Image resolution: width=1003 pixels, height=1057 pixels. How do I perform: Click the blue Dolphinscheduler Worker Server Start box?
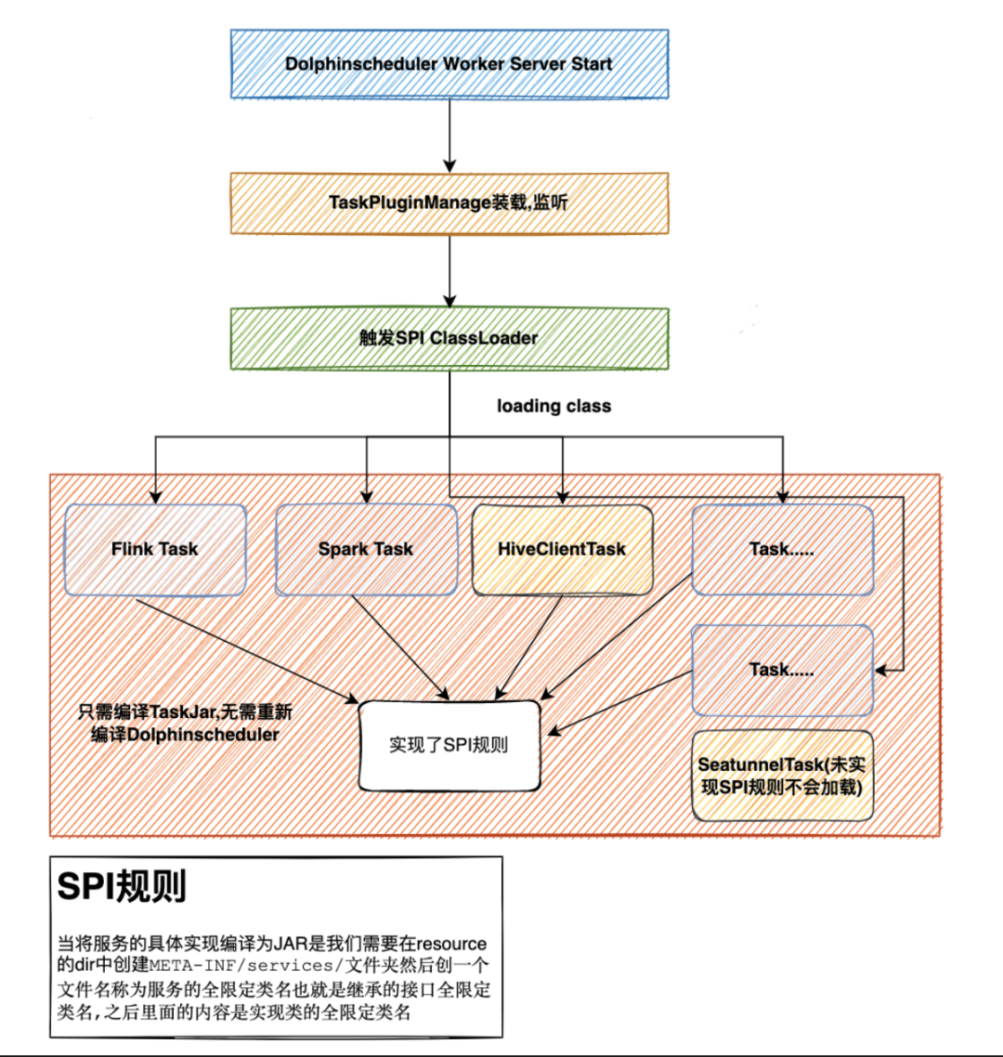pyautogui.click(x=449, y=64)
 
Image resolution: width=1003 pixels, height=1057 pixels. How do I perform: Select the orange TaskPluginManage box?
pyautogui.click(x=449, y=202)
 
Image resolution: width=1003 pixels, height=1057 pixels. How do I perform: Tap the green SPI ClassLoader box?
pyautogui.click(x=449, y=338)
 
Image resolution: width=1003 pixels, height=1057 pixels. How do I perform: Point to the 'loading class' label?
pyautogui.click(x=554, y=406)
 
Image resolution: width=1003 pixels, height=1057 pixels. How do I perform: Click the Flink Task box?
pyautogui.click(x=154, y=549)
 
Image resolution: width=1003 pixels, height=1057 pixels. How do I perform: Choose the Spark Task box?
pyautogui.click(x=366, y=549)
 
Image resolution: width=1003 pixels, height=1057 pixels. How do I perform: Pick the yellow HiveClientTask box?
pyautogui.click(x=562, y=549)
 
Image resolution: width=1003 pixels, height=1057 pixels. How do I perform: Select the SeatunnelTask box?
pyautogui.click(x=782, y=776)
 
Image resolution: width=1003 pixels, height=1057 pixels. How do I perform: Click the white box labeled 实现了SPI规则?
pyautogui.click(x=449, y=746)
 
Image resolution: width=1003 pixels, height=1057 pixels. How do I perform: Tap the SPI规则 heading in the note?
pyautogui.click(x=122, y=887)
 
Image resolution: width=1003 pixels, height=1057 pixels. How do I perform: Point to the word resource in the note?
pyautogui.click(x=451, y=944)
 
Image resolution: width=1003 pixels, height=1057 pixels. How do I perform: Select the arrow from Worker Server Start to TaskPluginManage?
pyautogui.click(x=449, y=135)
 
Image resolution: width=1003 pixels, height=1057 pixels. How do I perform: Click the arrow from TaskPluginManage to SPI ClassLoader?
pyautogui.click(x=449, y=271)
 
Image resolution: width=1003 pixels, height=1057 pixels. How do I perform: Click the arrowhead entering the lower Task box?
pyautogui.click(x=881, y=669)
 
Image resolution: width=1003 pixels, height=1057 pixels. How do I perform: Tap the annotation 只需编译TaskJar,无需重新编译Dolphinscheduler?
pyautogui.click(x=185, y=724)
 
